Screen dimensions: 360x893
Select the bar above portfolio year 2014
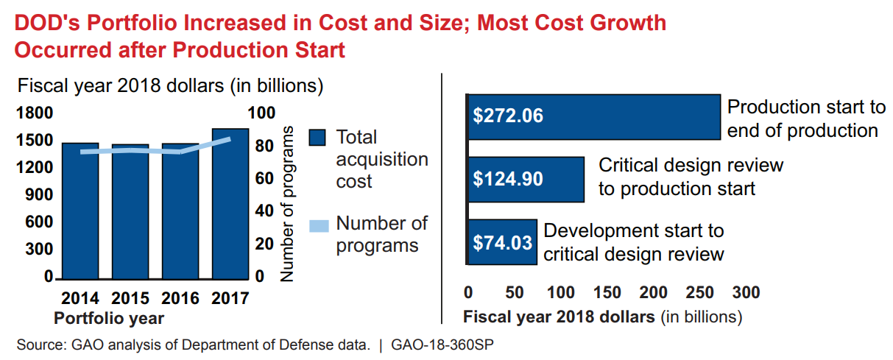(80, 213)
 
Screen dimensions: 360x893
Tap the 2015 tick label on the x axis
(130, 299)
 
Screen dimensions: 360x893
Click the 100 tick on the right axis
(263, 113)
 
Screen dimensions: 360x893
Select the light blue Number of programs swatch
(317, 225)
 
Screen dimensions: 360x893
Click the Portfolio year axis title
(109, 318)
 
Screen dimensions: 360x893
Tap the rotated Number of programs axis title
(288, 204)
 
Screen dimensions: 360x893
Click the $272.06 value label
(508, 116)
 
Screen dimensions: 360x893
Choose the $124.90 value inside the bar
(508, 179)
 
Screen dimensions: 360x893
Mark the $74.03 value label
(502, 241)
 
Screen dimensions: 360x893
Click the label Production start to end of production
(806, 119)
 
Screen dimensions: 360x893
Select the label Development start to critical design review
(634, 242)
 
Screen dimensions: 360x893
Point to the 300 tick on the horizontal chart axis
(746, 293)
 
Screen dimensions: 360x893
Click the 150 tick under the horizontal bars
(607, 293)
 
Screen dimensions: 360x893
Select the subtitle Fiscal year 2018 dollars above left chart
(171, 85)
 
